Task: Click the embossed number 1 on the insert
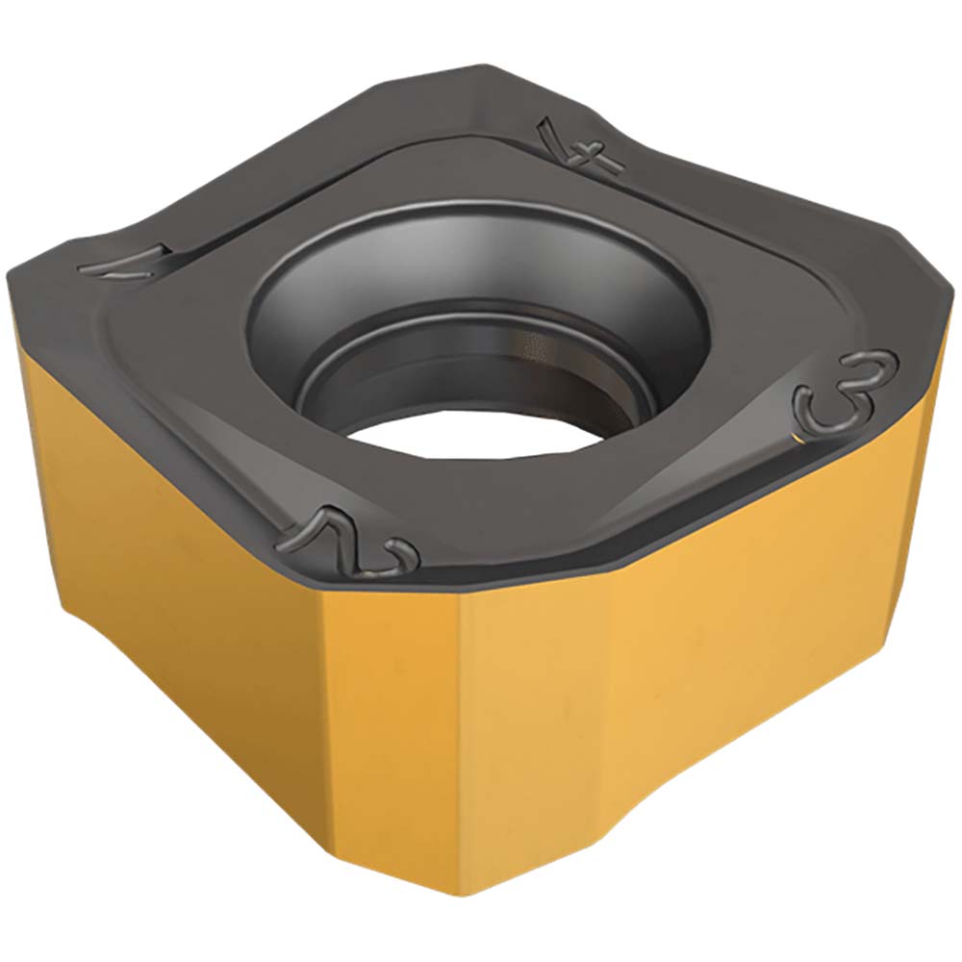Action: click(125, 261)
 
